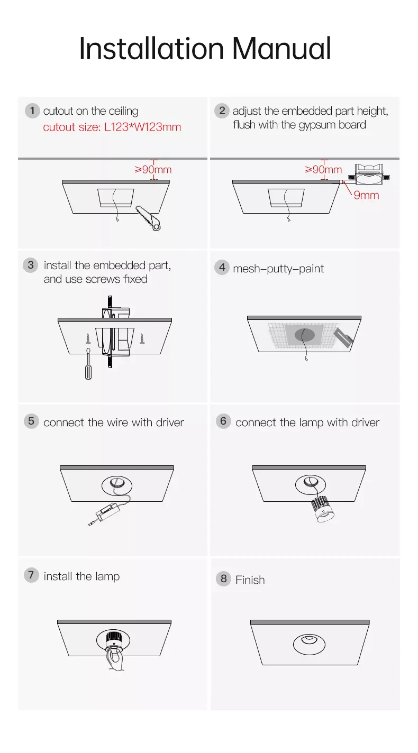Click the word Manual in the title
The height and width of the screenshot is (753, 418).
[281, 49]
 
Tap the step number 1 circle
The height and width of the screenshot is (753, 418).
[32, 111]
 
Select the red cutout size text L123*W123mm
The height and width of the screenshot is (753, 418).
[142, 127]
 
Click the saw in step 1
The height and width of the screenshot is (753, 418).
[148, 218]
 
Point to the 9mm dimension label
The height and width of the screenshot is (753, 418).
[366, 195]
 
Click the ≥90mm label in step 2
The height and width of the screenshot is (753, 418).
[323, 169]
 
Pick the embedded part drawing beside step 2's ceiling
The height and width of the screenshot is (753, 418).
[369, 174]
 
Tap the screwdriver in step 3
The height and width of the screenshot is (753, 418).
[88, 364]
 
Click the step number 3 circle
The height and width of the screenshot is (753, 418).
[31, 265]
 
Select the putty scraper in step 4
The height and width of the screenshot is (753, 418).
[343, 337]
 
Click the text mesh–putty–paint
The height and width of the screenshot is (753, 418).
[278, 269]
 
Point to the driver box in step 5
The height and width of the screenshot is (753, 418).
[107, 511]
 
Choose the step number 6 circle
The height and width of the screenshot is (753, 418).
[223, 421]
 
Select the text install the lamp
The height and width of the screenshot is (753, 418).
[81, 576]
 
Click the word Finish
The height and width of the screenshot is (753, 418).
[250, 580]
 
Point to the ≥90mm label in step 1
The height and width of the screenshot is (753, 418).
[153, 169]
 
